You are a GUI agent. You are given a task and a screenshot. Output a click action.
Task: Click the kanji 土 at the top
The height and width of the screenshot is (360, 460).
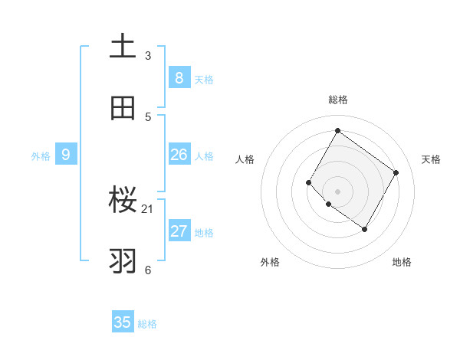coord(123,46)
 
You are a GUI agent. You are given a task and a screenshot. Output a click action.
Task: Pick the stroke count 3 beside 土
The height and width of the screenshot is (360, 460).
coord(148,55)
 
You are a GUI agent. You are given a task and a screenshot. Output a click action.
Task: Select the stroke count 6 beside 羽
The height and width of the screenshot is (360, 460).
coord(148,270)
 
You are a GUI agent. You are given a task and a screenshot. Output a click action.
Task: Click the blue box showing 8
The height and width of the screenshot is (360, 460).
coord(179,77)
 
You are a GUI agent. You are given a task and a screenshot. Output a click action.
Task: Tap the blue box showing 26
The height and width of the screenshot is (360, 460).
coord(179,155)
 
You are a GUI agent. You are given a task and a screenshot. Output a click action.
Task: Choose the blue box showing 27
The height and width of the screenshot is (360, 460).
coord(179,231)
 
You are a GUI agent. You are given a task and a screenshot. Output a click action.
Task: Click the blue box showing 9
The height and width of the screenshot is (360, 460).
coord(66,155)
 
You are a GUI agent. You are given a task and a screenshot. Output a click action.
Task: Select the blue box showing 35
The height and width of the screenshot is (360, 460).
coord(123,322)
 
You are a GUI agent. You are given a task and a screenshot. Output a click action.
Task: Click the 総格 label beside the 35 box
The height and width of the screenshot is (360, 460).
coord(147,324)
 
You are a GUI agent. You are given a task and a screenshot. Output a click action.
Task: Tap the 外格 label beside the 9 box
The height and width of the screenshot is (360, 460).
coord(41,156)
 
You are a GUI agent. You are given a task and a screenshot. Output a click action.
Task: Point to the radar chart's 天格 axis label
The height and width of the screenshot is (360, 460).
coord(431,159)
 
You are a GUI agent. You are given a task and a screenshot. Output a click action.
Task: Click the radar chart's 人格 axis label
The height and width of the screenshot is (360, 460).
coord(245,159)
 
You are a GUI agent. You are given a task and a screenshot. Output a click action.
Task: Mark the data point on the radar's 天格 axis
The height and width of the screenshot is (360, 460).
coord(396,172)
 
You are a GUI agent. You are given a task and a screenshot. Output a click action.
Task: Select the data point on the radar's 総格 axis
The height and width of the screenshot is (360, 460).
coord(337,130)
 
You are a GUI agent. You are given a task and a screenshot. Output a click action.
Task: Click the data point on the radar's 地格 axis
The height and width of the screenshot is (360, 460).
coord(364,229)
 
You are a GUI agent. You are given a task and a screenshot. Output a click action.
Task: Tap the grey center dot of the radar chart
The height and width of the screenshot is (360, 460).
coord(337,191)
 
